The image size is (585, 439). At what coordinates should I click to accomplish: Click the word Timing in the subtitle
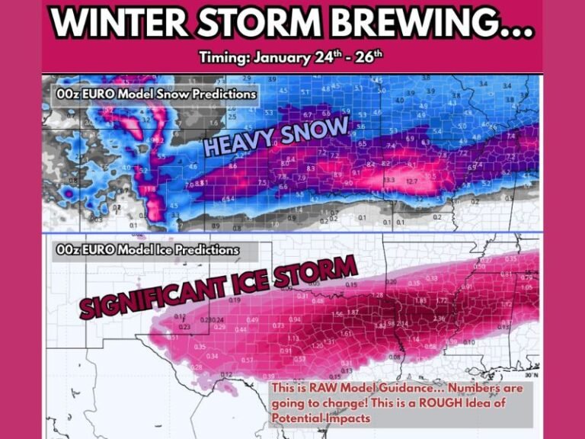pos(222,58)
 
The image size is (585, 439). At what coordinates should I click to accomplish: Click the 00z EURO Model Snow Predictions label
pos(155,94)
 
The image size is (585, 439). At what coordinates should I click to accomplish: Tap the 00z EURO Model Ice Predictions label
pos(147,249)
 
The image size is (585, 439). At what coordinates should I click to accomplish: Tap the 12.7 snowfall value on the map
pos(412,181)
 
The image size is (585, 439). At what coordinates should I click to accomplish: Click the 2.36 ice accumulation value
pos(439,319)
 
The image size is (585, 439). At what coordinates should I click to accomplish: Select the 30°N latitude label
pos(530,375)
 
